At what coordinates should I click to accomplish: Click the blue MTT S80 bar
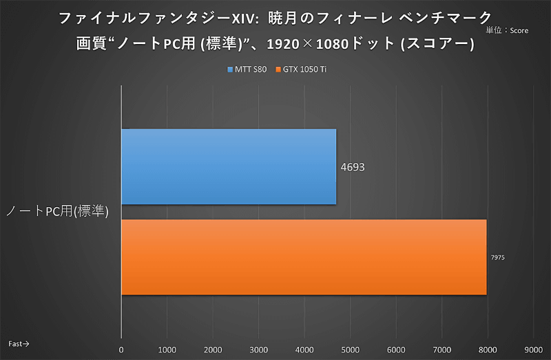click(x=229, y=167)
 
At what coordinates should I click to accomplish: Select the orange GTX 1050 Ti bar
click(x=304, y=257)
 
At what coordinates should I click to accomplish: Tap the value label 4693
click(x=352, y=167)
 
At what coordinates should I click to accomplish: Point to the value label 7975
click(x=498, y=257)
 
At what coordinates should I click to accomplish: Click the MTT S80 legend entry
click(x=246, y=70)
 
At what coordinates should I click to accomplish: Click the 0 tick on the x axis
click(x=121, y=350)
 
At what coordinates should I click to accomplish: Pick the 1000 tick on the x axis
click(x=167, y=350)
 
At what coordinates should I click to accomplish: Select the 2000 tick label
click(x=213, y=350)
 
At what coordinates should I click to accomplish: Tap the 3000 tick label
click(x=259, y=350)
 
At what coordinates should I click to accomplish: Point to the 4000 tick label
click(x=304, y=350)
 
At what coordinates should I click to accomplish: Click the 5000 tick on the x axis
click(x=350, y=350)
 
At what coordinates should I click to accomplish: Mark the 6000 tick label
click(x=396, y=350)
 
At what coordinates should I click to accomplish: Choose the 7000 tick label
click(x=441, y=350)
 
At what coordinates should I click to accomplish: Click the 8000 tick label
click(x=487, y=350)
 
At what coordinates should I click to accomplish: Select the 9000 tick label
click(x=533, y=350)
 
